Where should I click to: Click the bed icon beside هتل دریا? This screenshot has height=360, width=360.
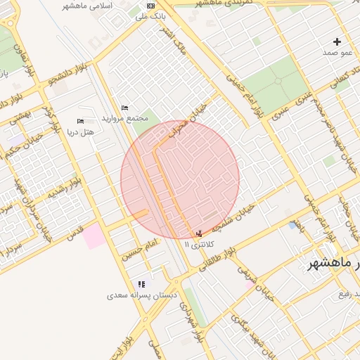point(79,121)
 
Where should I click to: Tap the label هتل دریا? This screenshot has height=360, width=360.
point(79,131)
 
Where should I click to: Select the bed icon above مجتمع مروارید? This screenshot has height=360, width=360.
point(124,108)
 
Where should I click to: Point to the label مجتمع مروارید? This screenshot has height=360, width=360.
point(124,118)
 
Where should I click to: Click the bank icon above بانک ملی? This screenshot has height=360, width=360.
point(150,5)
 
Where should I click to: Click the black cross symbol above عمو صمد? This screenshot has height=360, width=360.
point(337,42)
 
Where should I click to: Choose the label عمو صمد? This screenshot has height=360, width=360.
point(337,53)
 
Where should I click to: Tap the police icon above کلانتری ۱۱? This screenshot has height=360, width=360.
point(199,233)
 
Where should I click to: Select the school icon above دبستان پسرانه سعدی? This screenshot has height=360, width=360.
point(141,285)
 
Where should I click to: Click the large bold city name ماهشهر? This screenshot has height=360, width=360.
point(335,263)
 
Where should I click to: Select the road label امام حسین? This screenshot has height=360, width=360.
point(140,246)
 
